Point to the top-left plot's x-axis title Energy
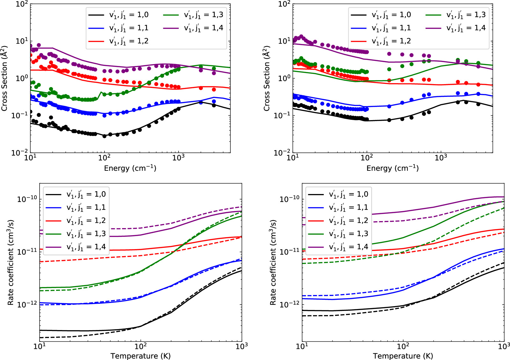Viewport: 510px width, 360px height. pos(130,168)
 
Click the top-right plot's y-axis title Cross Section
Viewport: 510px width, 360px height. pos(267,78)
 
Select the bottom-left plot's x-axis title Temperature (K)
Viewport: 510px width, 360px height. pos(140,356)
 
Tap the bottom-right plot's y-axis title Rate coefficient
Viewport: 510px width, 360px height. pos(273,262)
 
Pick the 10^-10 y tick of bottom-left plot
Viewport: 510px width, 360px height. pos(27,199)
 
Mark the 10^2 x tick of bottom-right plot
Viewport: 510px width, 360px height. pos(403,346)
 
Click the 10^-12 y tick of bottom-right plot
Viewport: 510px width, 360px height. pos(289,305)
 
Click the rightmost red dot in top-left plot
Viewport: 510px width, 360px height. pos(214,90)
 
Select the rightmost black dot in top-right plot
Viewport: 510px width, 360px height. pos(478,104)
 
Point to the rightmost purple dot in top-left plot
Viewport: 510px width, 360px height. pos(214,73)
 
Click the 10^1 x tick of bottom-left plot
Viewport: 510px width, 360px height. pos(40,346)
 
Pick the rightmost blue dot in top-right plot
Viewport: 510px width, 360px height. pos(478,94)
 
